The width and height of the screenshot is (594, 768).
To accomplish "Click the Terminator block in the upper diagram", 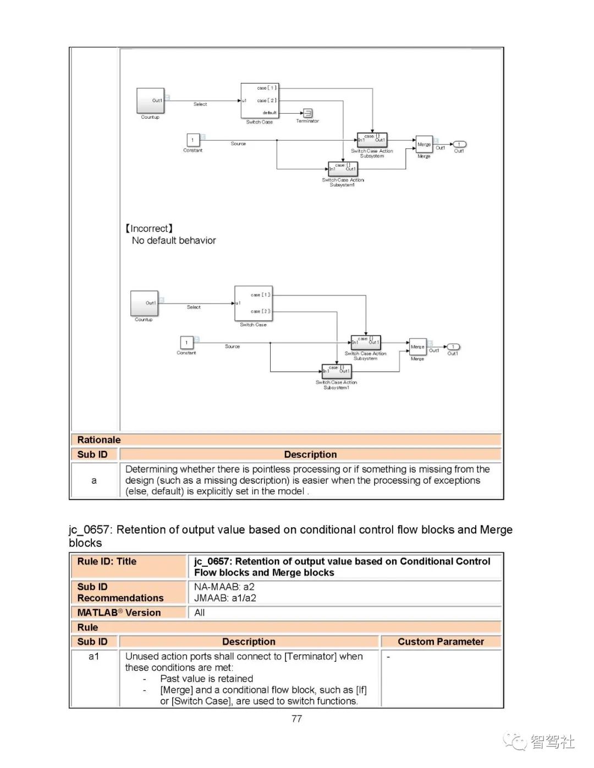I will [x=308, y=113].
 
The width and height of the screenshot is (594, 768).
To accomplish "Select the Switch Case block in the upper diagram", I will [x=260, y=101].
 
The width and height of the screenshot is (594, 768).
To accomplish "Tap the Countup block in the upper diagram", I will [x=150, y=101].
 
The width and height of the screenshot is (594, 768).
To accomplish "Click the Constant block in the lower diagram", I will [x=186, y=342].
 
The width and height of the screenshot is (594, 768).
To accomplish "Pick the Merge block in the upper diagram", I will [x=424, y=145].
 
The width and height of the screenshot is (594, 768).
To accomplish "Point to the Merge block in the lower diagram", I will [x=417, y=347].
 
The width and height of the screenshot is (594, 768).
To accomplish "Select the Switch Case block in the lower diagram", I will [x=253, y=303].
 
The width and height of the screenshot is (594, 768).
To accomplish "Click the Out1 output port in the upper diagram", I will [x=459, y=145].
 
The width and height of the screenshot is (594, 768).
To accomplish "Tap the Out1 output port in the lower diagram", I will [x=453, y=347].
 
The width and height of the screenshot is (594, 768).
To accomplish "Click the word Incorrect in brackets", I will [x=149, y=229].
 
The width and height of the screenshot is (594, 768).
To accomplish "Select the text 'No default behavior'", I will [x=174, y=241].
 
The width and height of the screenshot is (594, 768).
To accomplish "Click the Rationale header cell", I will [x=99, y=440].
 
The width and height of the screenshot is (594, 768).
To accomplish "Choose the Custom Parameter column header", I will [x=441, y=642].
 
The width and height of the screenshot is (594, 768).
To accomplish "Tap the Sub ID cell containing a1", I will [x=94, y=656].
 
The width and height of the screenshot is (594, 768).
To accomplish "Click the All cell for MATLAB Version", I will [x=200, y=612].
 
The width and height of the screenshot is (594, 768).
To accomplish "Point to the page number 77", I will [x=296, y=719].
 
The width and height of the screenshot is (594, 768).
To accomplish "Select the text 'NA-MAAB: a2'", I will [x=224, y=587].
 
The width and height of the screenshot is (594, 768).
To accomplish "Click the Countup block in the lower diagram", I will [x=144, y=303].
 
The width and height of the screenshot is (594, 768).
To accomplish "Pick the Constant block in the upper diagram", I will [x=193, y=140].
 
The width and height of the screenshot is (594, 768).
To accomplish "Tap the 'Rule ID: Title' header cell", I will [x=107, y=561].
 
